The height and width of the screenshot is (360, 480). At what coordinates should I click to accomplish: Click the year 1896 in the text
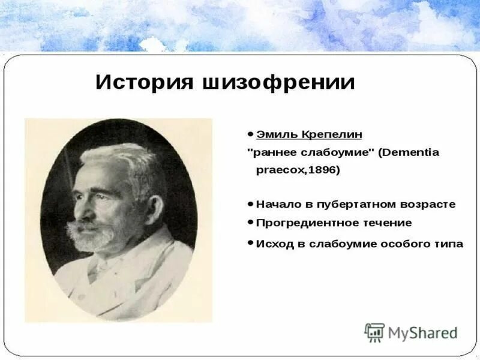click(x=323, y=170)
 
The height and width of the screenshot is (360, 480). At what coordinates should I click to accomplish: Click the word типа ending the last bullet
click(x=446, y=244)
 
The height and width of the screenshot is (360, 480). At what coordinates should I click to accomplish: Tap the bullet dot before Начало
click(x=250, y=203)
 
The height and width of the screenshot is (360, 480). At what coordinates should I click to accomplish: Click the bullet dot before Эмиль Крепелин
click(x=250, y=133)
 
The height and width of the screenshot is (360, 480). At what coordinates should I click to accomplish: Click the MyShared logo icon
click(x=374, y=332)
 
